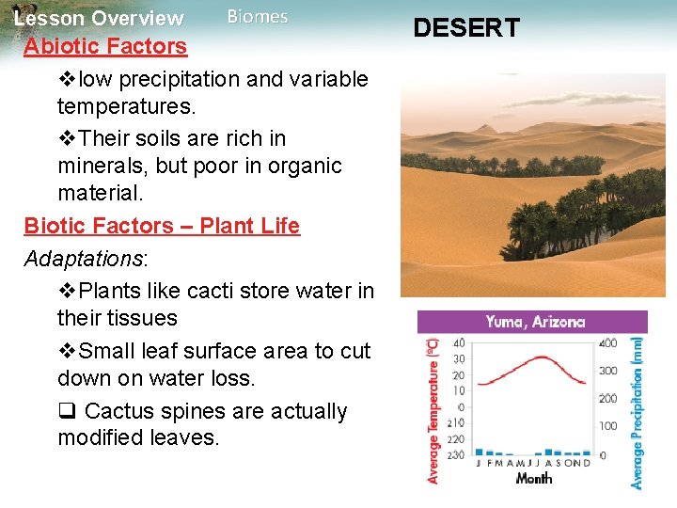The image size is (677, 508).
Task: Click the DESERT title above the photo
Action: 466,28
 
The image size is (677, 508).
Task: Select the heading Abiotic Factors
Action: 105,46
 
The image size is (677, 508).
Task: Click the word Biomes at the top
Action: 258,17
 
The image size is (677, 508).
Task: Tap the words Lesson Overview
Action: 100,18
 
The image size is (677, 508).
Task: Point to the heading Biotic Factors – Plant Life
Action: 162,226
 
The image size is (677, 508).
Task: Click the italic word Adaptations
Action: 80,259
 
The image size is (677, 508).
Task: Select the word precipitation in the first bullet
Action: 184,79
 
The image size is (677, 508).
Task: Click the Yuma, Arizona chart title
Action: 535,322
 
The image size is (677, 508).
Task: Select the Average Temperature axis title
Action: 433,411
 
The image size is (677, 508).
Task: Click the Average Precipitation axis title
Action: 638,413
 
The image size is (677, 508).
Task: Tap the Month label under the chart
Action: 533,478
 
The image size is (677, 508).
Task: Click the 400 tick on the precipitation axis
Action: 608,342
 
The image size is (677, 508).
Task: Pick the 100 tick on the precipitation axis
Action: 608,426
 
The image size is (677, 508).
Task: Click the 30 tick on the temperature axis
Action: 459,358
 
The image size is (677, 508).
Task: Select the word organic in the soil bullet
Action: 301,166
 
